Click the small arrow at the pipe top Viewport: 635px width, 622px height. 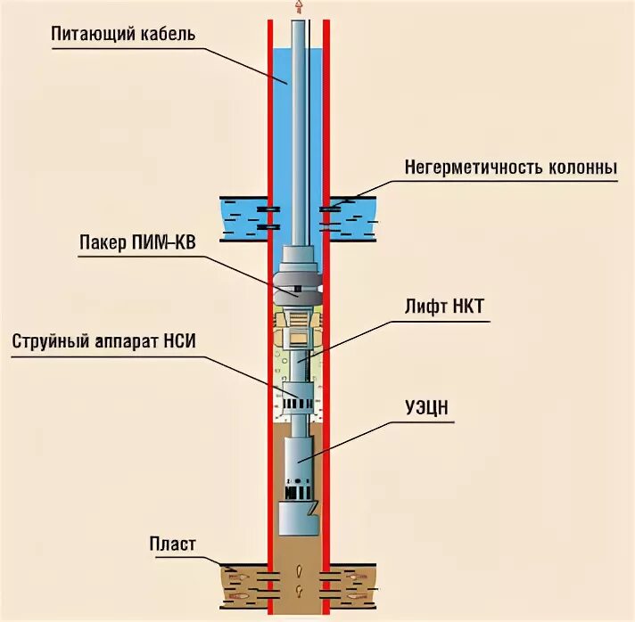click(x=298, y=7)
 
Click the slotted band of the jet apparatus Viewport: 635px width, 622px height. click(x=297, y=404)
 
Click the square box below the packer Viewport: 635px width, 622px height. click(x=296, y=338)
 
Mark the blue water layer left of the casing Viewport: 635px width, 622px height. click(x=242, y=218)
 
